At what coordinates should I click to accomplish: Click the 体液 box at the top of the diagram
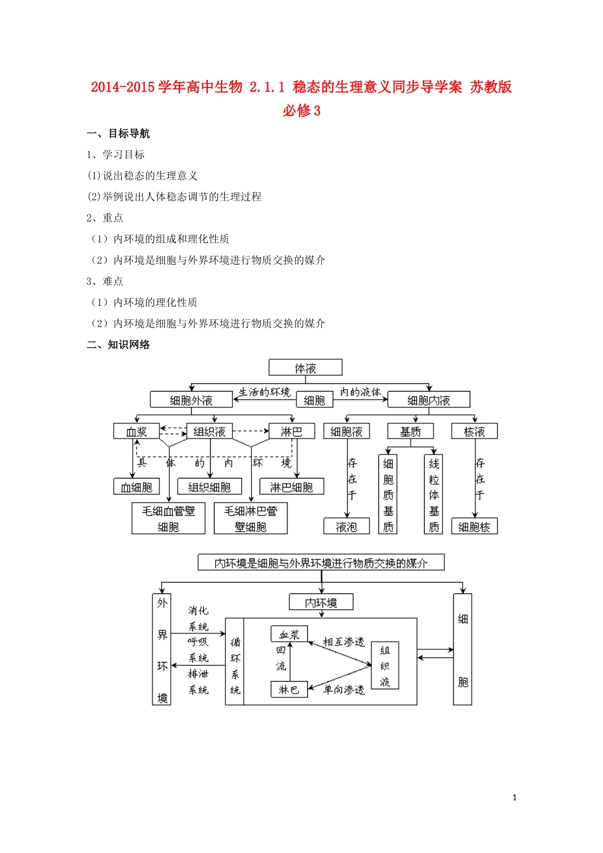click(x=305, y=368)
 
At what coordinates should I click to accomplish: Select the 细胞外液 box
click(x=191, y=400)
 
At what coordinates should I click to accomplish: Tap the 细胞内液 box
click(x=428, y=400)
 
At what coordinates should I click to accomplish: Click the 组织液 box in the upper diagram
click(x=209, y=432)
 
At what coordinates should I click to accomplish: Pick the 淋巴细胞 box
click(x=291, y=487)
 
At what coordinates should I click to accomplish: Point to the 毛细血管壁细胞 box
click(x=168, y=519)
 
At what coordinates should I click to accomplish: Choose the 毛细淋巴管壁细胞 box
click(x=251, y=519)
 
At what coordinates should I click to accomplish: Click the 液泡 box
click(x=347, y=527)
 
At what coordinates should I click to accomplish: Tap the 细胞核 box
click(x=474, y=527)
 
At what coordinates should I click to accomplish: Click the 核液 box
click(x=474, y=432)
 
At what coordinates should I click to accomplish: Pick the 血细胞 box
click(x=136, y=487)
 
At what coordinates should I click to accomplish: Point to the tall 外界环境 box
click(x=162, y=649)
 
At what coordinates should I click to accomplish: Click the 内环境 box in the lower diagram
click(x=321, y=602)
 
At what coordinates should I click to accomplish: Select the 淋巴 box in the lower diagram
click(x=289, y=690)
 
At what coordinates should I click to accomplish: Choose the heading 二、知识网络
click(x=119, y=345)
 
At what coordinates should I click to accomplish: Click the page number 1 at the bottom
click(x=515, y=798)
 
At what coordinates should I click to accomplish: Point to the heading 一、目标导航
click(x=119, y=133)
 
